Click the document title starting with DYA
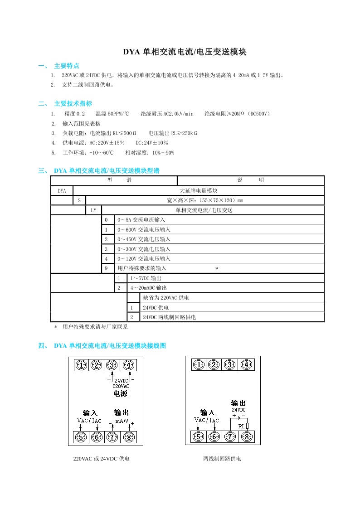click(185, 52)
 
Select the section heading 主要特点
click(67, 66)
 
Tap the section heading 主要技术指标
click(73, 103)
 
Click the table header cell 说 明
click(250, 180)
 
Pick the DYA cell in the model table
click(62, 191)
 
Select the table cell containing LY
click(93, 210)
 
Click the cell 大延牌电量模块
click(199, 191)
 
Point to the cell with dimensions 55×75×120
click(205, 200)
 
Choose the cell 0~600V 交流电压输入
click(144, 230)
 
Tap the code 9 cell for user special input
click(106, 268)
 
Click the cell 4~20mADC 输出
click(148, 288)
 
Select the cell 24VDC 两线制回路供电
click(169, 317)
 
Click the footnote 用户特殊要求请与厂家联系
click(95, 326)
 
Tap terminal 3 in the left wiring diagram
click(112, 365)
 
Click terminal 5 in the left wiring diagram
click(81, 437)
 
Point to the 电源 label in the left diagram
click(120, 394)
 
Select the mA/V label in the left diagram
click(122, 421)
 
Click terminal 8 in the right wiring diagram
click(247, 437)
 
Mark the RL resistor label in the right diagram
click(241, 426)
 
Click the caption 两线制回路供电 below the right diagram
click(222, 459)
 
